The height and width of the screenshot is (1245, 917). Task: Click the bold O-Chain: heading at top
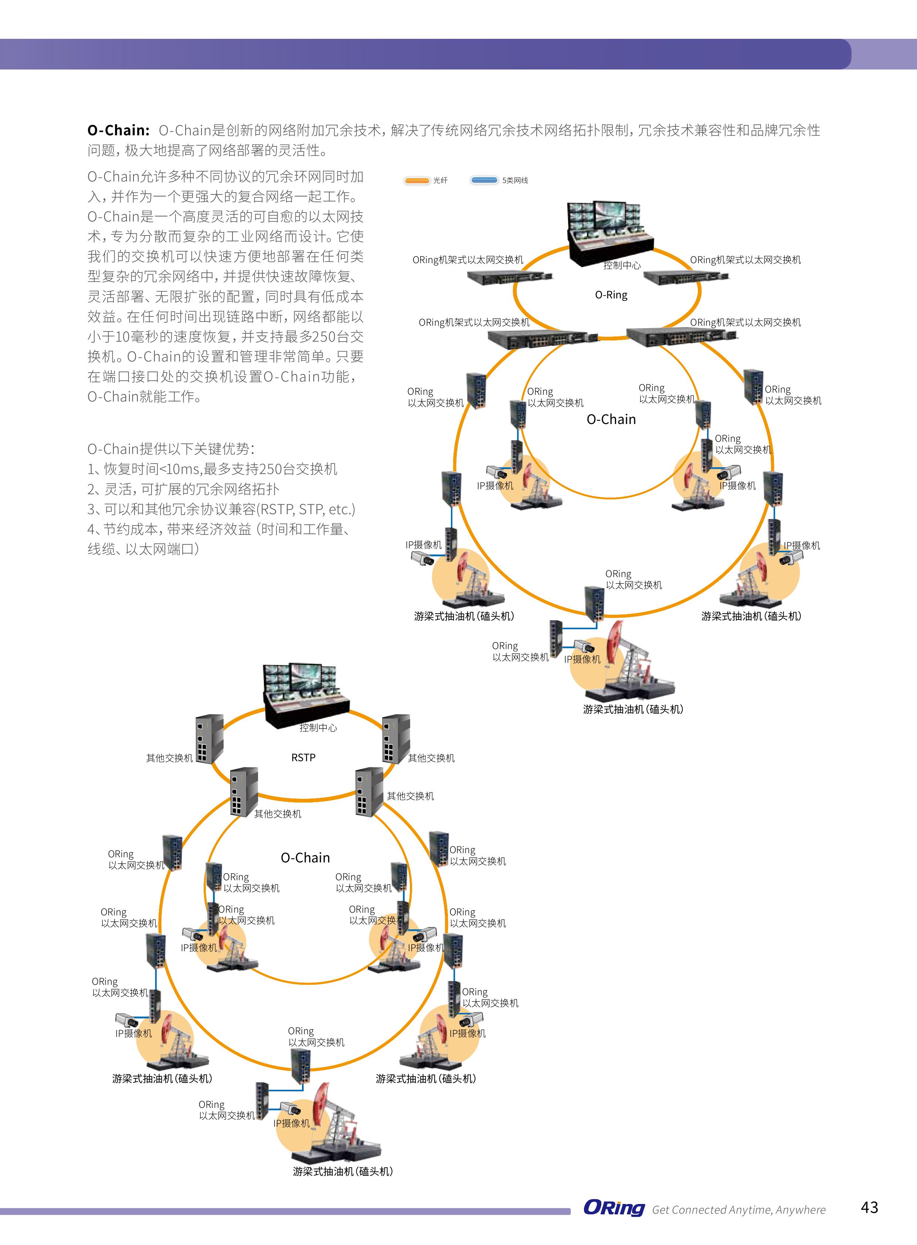click(x=118, y=130)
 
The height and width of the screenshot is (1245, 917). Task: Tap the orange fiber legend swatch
click(x=417, y=180)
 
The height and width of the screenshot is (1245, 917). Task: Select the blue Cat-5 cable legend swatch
click(x=484, y=180)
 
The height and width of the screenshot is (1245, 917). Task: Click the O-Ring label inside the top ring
click(x=611, y=295)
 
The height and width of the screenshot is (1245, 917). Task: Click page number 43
click(x=869, y=1207)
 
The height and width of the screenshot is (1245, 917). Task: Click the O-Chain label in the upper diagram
click(x=611, y=419)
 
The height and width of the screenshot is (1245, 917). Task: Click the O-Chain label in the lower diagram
click(x=305, y=858)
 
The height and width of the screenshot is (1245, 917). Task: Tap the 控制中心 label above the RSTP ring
click(x=318, y=728)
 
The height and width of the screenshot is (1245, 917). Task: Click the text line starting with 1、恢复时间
click(x=212, y=469)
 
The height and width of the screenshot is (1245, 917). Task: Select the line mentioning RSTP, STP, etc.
click(x=221, y=509)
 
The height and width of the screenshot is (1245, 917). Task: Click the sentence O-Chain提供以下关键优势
click(x=171, y=449)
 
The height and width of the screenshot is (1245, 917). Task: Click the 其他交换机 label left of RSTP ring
click(x=169, y=758)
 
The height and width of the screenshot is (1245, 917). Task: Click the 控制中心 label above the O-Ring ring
click(x=622, y=265)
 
